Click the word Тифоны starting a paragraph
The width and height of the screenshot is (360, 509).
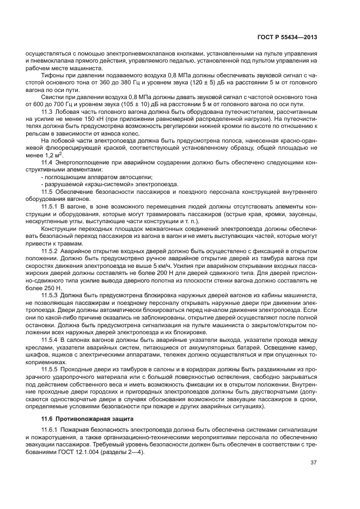[52, 75]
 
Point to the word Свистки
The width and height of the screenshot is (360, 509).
[53, 96]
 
